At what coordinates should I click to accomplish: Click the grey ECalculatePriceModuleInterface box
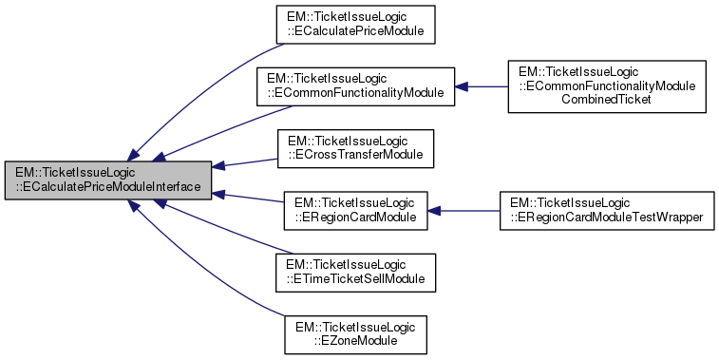click(108, 180)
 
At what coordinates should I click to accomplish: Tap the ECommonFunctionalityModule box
click(355, 85)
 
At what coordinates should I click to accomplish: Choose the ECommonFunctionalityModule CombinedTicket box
click(607, 85)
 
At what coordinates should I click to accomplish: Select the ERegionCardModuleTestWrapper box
click(607, 209)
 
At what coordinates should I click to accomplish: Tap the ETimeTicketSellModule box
click(355, 271)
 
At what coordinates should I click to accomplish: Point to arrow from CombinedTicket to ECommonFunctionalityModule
click(482, 86)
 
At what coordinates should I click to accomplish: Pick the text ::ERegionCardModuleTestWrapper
click(607, 217)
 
